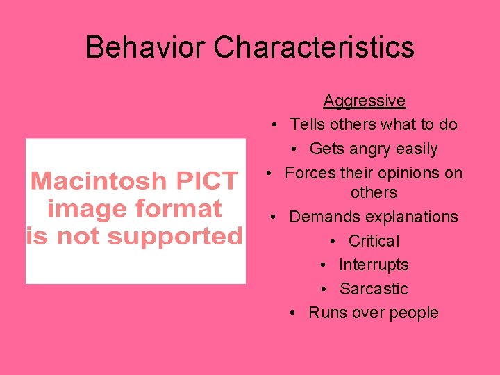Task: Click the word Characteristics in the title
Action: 314,47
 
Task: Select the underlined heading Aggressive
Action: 364,101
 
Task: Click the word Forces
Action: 310,173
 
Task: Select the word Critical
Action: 374,241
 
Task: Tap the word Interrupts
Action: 374,265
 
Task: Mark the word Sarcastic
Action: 374,289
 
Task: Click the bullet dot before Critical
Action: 334,241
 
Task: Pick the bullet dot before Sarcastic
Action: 324,289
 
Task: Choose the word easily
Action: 418,149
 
